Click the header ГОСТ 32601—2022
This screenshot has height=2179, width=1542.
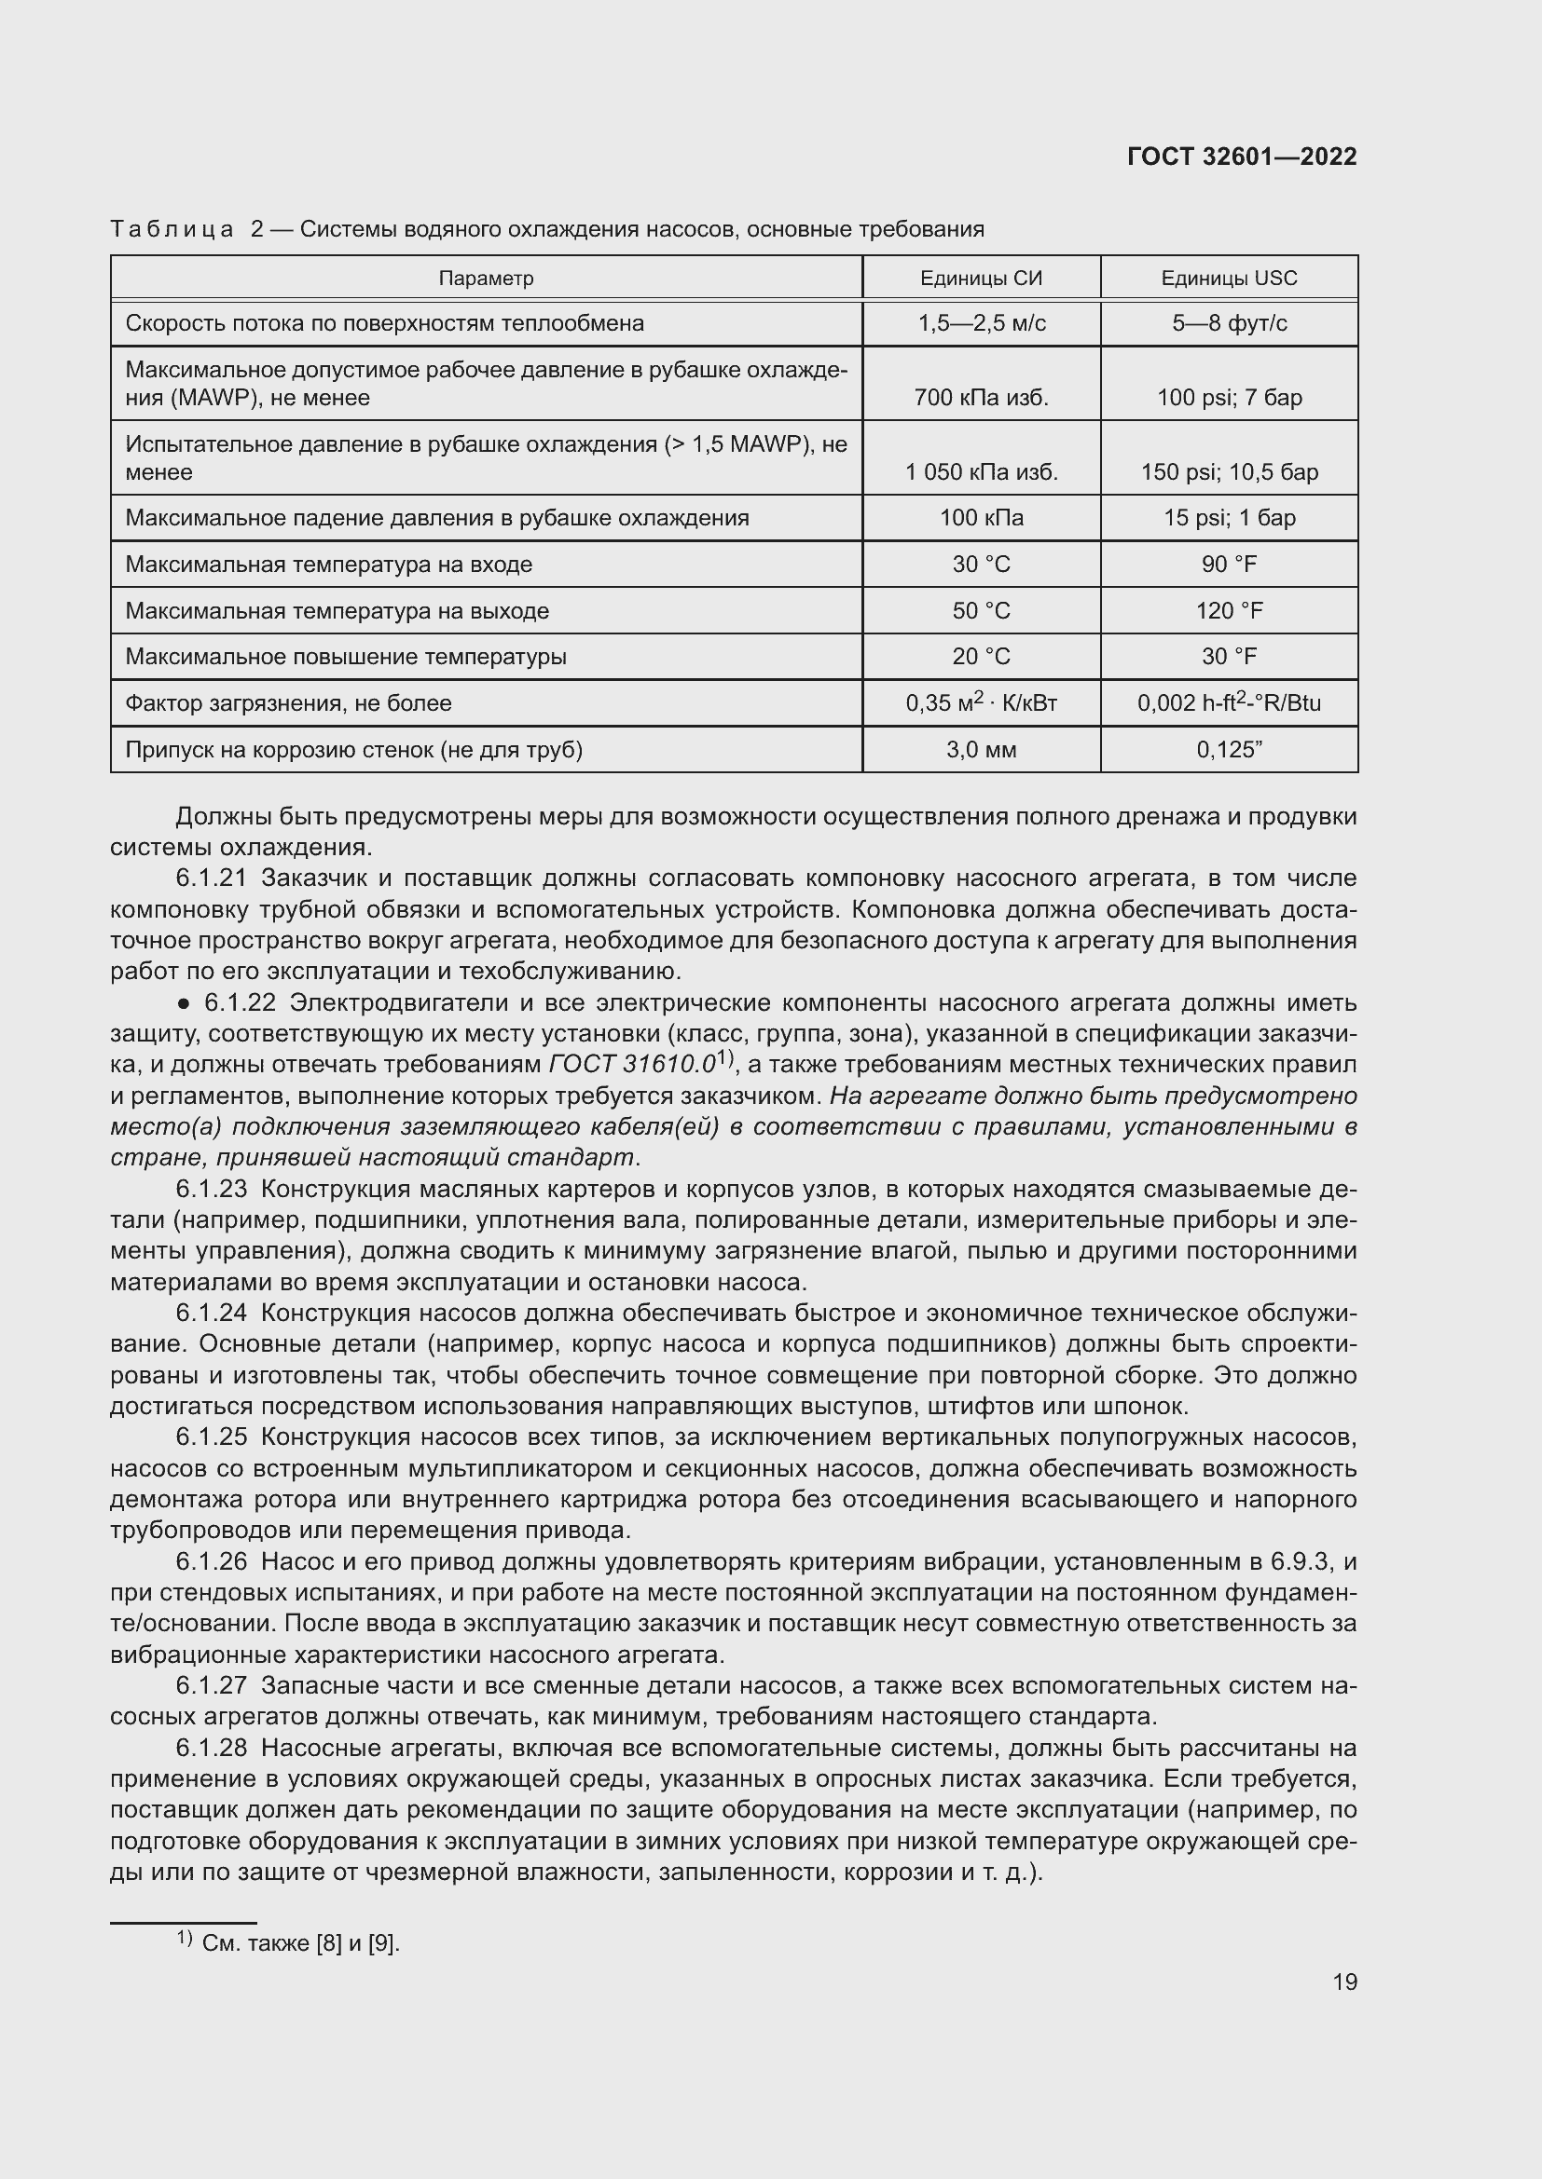coord(1241,157)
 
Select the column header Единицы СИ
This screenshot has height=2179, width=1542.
coord(981,278)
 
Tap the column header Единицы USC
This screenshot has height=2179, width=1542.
coord(1229,278)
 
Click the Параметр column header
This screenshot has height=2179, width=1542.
coord(486,278)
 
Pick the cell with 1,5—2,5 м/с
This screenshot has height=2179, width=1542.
coord(981,323)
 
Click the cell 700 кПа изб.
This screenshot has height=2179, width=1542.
coord(981,398)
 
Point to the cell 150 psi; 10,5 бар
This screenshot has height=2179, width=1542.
coord(1229,471)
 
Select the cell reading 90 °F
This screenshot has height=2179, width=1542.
coord(1229,565)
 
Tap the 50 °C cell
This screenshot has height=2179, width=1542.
coord(981,611)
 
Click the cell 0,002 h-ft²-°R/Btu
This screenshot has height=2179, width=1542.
coord(1229,703)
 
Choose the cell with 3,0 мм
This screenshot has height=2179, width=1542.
coord(981,750)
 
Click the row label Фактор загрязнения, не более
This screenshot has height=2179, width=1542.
coord(289,703)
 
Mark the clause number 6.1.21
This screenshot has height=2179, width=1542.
coord(211,878)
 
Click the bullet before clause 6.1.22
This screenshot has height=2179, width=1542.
coord(185,1004)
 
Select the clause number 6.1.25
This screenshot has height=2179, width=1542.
coord(211,1437)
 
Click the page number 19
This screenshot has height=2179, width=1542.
coord(1344,1982)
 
